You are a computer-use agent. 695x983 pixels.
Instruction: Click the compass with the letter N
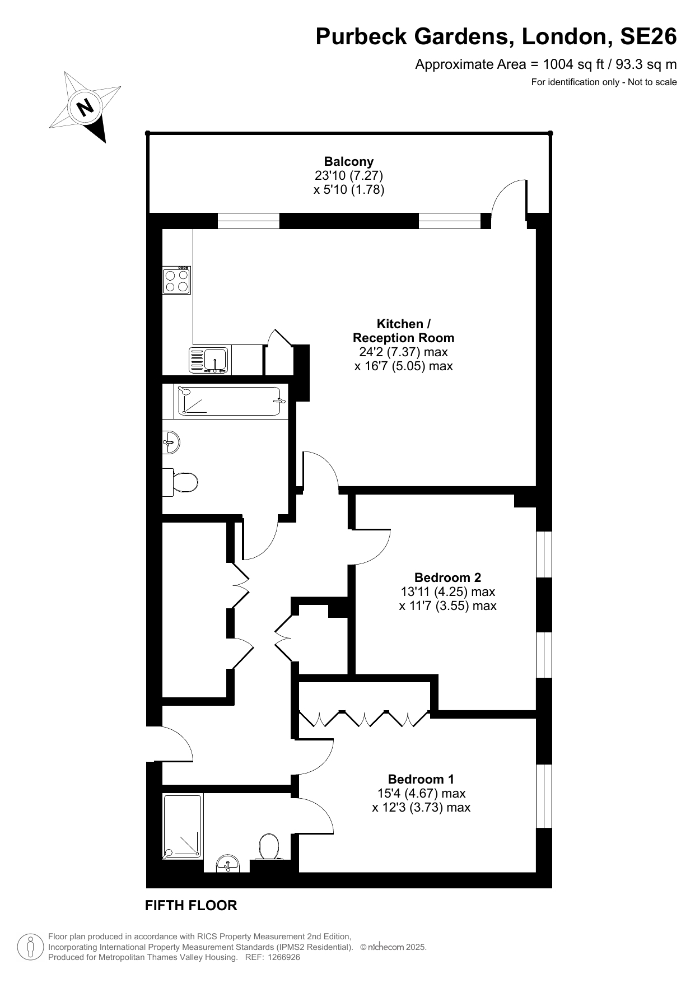pyautogui.click(x=86, y=106)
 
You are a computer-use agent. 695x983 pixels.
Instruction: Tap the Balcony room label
pyautogui.click(x=349, y=162)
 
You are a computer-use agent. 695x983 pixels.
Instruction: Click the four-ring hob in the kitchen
pyautogui.click(x=176, y=280)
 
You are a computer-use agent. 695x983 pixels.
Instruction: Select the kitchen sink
pyautogui.click(x=209, y=360)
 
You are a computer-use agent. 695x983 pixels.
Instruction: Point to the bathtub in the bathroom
pyautogui.click(x=229, y=401)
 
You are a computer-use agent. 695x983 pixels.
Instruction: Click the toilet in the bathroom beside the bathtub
pyautogui.click(x=180, y=482)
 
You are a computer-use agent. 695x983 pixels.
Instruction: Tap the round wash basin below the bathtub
pyautogui.click(x=171, y=442)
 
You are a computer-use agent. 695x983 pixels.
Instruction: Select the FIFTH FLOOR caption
pyautogui.click(x=191, y=905)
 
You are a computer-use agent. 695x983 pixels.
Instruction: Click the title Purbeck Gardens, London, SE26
pyautogui.click(x=496, y=36)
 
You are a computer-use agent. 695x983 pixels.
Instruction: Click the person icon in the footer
pyautogui.click(x=30, y=947)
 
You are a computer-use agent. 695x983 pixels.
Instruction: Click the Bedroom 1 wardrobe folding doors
pyautogui.click(x=364, y=719)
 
